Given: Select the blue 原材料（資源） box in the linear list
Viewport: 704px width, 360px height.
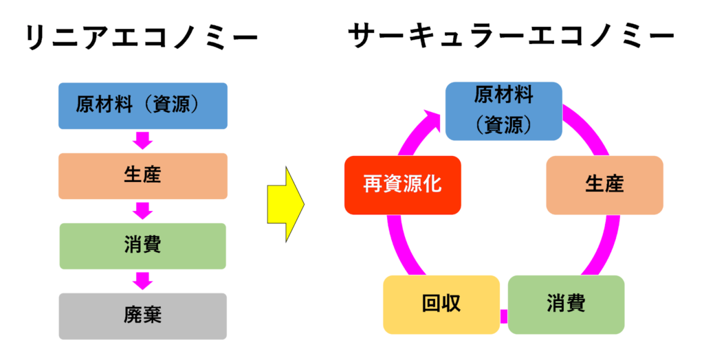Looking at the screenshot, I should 143,106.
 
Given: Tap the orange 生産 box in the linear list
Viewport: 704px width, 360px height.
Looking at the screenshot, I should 143,176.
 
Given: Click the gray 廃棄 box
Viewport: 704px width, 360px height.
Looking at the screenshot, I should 143,316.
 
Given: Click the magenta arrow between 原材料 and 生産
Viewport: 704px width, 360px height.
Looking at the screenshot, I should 143,141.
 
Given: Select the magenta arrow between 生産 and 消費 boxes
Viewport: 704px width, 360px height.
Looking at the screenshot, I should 143,211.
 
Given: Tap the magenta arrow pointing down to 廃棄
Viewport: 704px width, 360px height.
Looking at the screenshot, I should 143,281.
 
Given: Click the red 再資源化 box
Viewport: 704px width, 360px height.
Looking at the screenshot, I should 402,185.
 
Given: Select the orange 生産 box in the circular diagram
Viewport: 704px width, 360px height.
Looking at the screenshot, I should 604,185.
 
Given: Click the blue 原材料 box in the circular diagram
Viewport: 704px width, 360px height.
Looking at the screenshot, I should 504,110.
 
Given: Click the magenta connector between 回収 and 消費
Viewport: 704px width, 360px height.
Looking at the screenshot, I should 503,315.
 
